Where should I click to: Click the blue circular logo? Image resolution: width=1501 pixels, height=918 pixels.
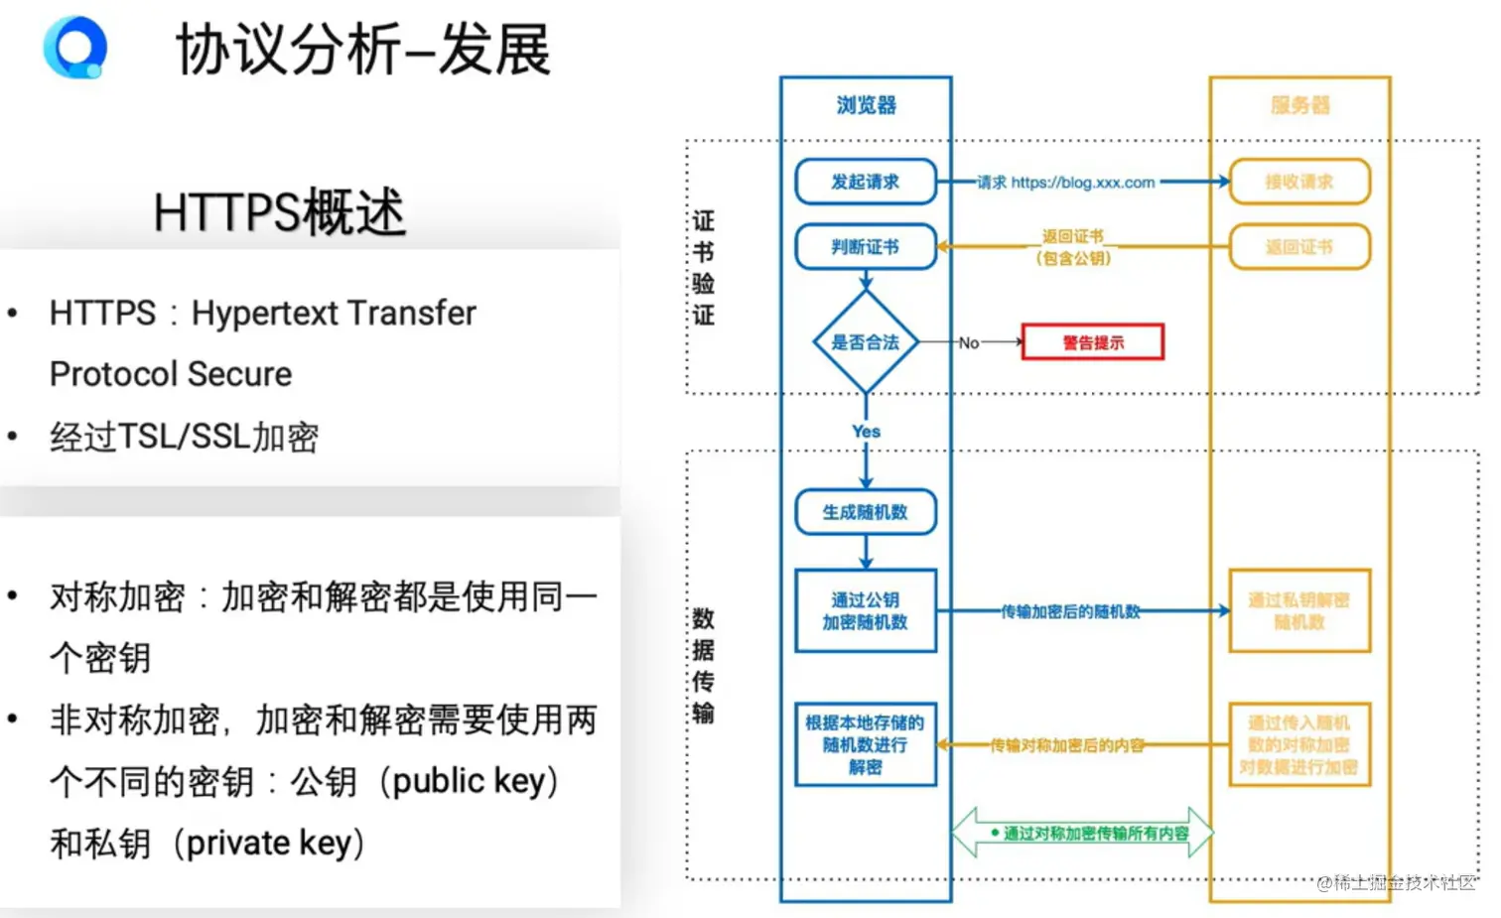[74, 47]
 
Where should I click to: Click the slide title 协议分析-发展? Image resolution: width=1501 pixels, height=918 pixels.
[362, 50]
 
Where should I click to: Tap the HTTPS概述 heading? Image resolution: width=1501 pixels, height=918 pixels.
[279, 211]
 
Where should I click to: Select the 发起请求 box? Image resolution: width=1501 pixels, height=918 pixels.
[866, 182]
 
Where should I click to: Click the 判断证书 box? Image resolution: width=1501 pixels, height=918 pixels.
[866, 247]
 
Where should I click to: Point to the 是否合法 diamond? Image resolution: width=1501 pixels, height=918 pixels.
[866, 342]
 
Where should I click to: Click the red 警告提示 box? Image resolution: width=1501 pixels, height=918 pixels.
[1092, 342]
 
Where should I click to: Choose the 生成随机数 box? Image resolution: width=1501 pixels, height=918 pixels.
[866, 512]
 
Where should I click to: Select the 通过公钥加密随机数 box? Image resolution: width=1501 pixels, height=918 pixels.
[866, 610]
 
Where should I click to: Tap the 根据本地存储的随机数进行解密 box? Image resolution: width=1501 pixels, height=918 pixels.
[866, 744]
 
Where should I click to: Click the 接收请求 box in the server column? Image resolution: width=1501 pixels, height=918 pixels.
[1298, 182]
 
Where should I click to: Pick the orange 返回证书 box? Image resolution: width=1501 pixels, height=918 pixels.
[1298, 247]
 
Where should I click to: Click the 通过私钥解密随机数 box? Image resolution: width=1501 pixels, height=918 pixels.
[1298, 610]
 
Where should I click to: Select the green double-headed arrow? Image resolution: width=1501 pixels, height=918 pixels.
[1082, 833]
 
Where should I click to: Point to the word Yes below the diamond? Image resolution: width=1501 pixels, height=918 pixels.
[866, 432]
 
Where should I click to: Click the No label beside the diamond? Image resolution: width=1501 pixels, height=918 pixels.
[969, 343]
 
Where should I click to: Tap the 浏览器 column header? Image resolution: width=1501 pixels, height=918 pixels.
[866, 105]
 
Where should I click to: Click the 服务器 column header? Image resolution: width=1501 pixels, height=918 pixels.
[1299, 105]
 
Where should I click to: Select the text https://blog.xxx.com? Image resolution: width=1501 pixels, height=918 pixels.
[1083, 183]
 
